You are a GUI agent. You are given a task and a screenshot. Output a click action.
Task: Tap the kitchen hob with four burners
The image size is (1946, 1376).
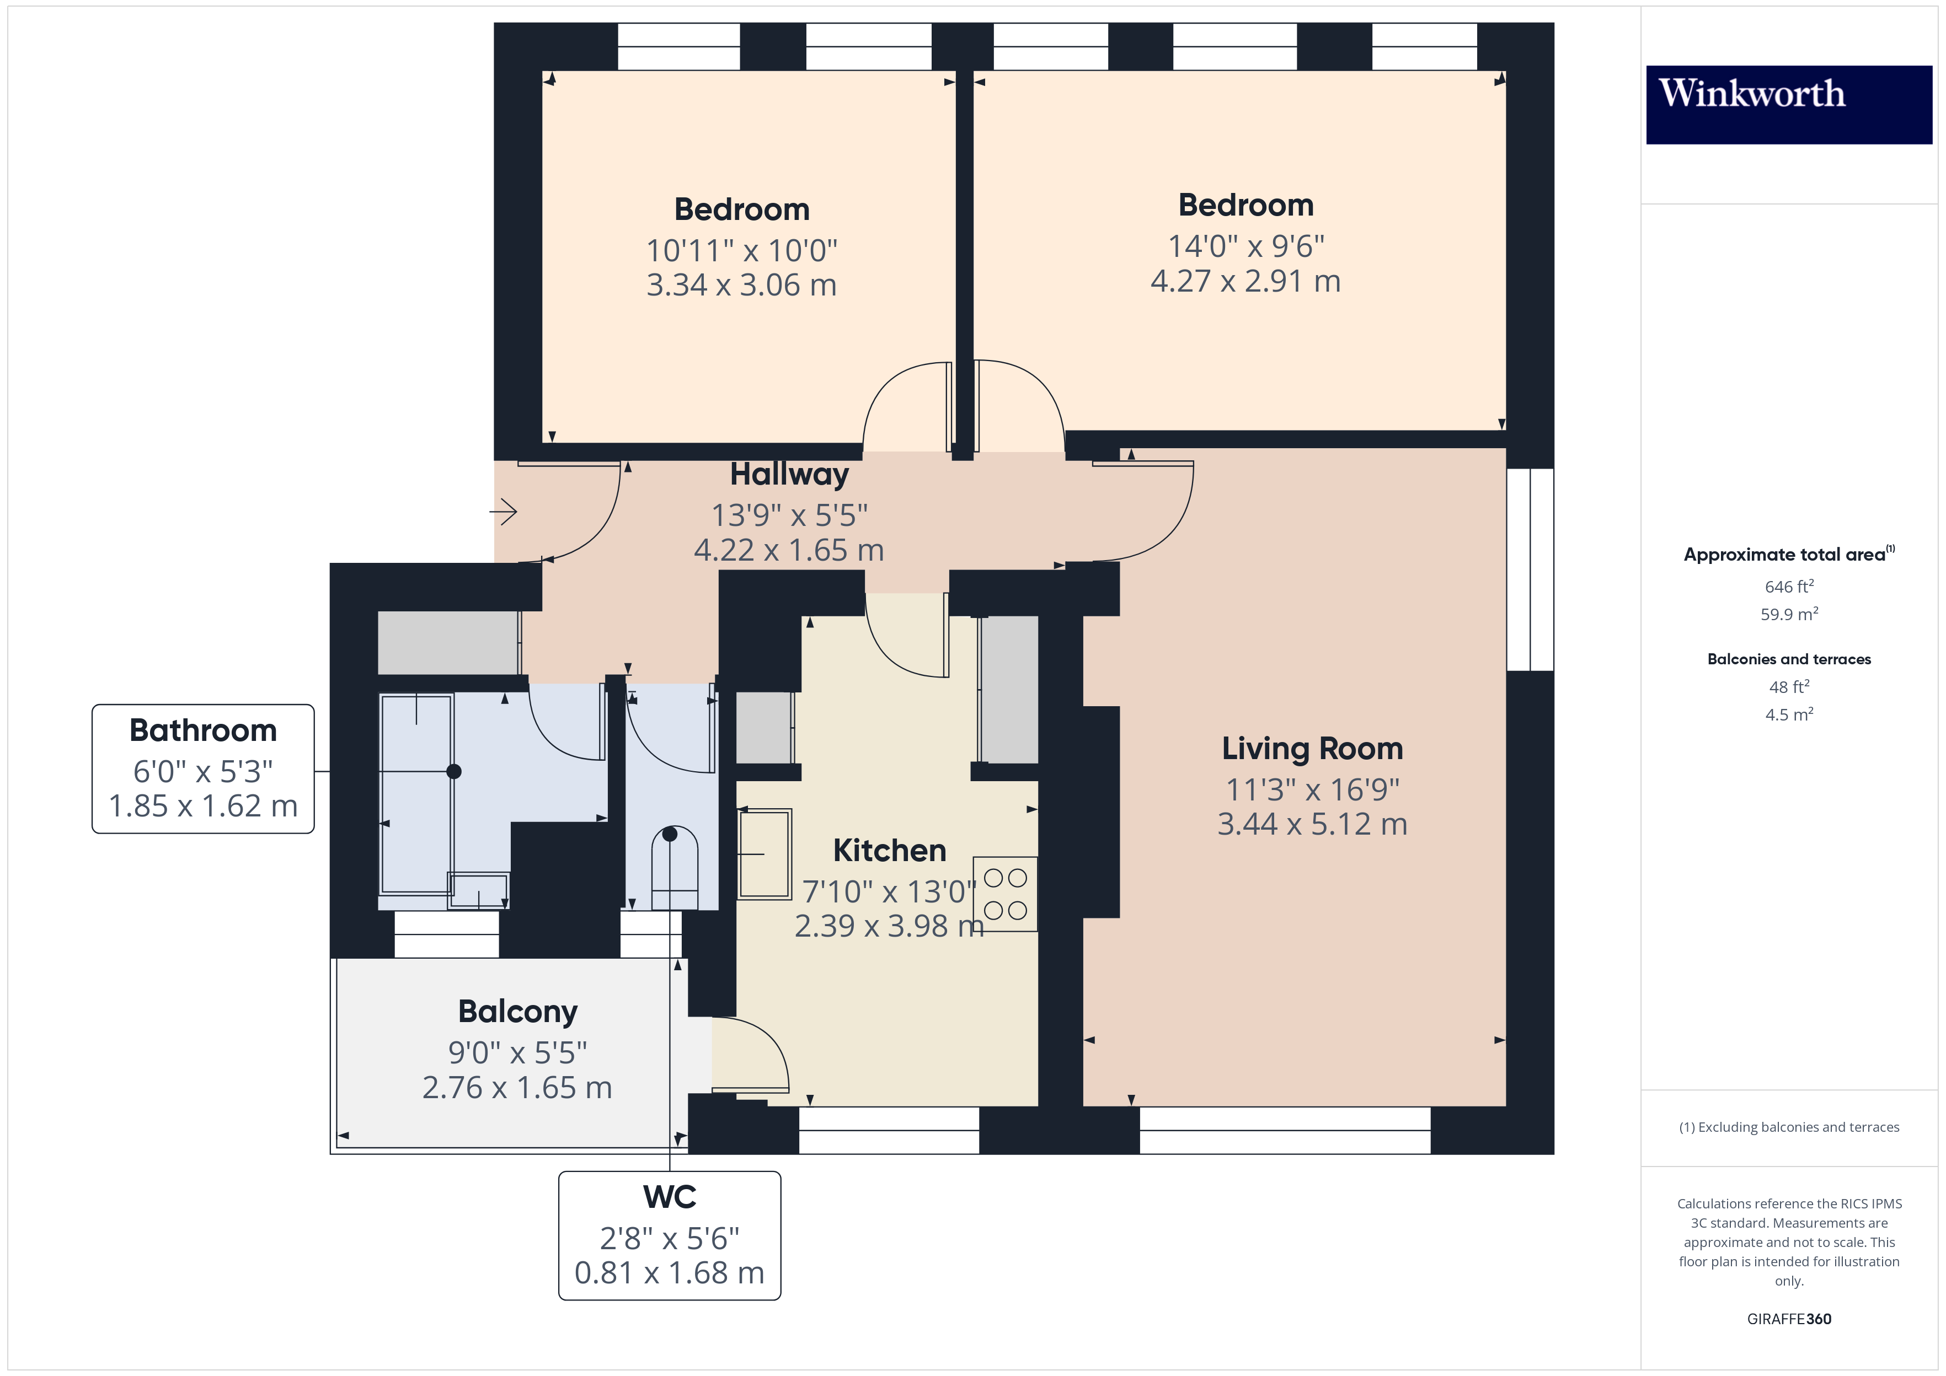click(1005, 894)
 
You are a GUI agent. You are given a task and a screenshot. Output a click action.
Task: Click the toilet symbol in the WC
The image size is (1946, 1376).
click(674, 868)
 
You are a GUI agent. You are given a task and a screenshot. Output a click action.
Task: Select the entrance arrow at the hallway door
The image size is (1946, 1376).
click(504, 512)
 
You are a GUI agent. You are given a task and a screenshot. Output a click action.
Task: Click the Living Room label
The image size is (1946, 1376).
click(1312, 749)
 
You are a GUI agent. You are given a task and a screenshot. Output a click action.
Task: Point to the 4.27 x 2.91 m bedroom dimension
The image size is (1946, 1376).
click(1245, 281)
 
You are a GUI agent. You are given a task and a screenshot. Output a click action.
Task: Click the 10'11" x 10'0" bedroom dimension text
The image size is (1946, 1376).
click(742, 251)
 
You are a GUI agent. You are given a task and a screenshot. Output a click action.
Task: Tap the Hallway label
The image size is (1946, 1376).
click(789, 475)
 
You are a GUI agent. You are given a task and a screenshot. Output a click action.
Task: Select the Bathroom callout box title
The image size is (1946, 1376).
click(204, 730)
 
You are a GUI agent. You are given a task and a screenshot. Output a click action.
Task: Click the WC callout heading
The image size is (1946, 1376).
click(670, 1197)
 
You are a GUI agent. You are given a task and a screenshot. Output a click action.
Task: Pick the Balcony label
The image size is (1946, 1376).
click(518, 1012)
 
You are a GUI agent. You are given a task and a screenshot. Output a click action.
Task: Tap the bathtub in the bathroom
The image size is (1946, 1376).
click(415, 794)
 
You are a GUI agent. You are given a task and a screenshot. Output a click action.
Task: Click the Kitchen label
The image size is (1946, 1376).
click(889, 851)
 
